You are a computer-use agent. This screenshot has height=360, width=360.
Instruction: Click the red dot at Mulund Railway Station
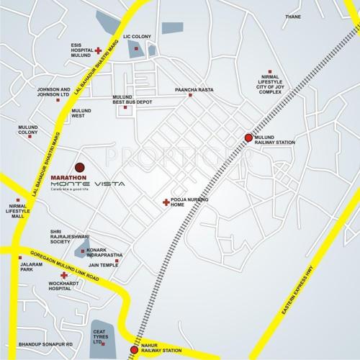248,138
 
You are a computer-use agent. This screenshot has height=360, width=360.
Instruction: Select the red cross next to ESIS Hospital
98,51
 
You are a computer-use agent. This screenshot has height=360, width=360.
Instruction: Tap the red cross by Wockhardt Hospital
64,276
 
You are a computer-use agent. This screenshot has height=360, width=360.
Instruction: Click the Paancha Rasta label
190,91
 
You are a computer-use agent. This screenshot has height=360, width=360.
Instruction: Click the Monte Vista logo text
87,185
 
